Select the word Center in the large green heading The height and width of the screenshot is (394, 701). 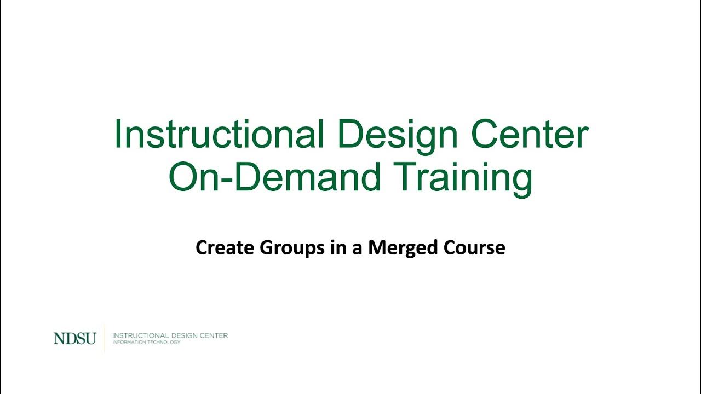point(528,134)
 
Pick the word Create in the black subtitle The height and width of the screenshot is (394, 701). point(225,248)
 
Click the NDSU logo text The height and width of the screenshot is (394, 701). point(74,339)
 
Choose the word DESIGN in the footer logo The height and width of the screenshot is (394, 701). point(185,335)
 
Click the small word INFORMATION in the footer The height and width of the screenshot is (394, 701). point(128,343)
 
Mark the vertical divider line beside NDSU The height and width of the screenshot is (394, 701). point(105,338)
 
